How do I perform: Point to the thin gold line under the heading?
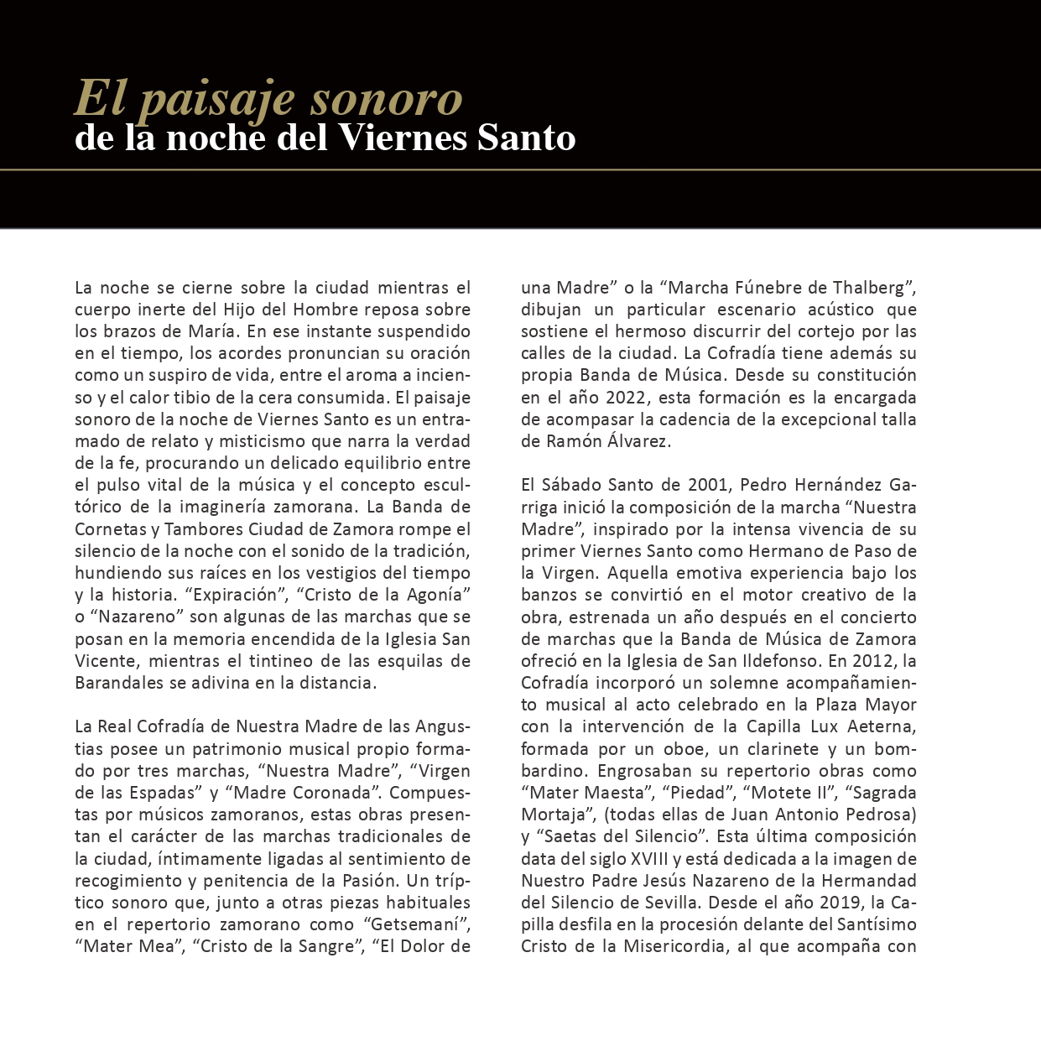click(520, 169)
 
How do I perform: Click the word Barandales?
click(119, 683)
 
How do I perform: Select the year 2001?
click(709, 485)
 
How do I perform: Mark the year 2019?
click(841, 903)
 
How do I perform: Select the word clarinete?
click(778, 748)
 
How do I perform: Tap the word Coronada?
click(332, 793)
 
